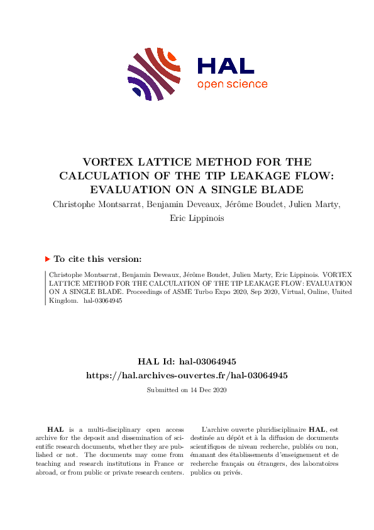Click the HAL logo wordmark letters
tap(225, 65)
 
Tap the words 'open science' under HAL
tap(232, 84)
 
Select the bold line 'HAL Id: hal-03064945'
tap(187, 361)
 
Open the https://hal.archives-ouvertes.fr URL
tap(187, 375)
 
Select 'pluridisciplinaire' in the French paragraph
tap(272, 429)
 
